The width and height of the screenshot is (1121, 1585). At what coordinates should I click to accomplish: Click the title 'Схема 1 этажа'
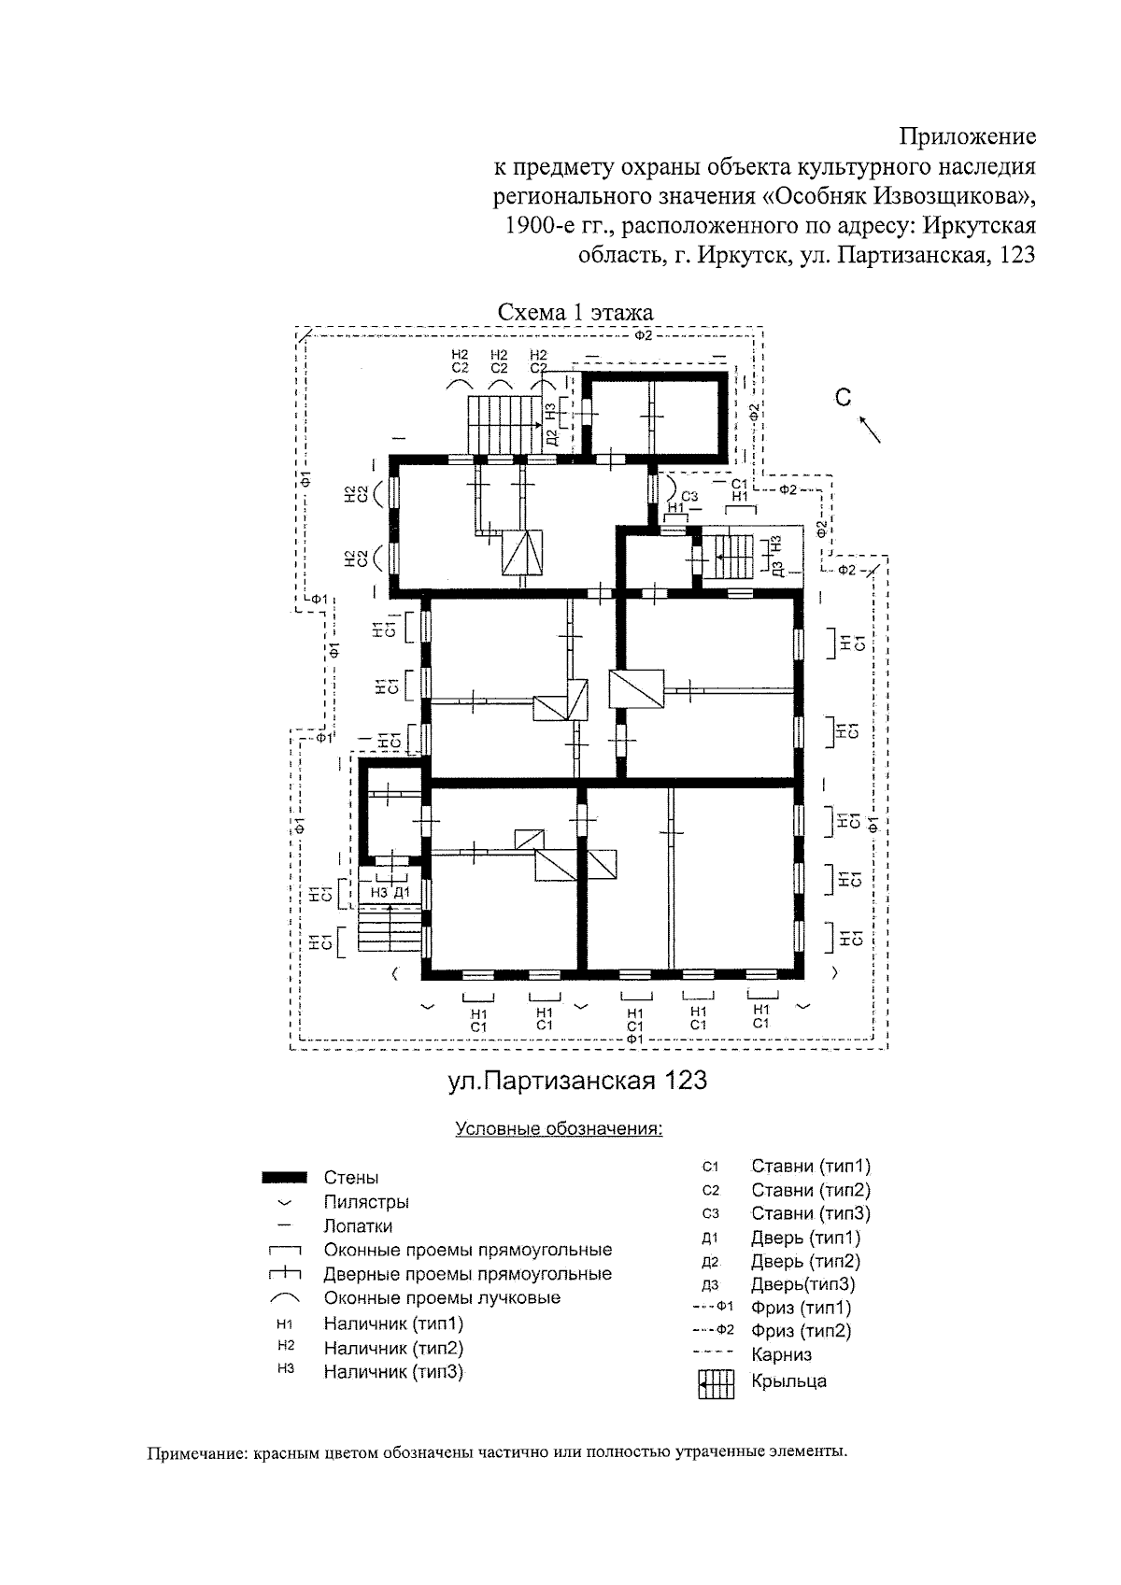tap(575, 312)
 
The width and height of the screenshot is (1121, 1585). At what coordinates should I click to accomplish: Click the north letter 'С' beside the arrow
tap(844, 399)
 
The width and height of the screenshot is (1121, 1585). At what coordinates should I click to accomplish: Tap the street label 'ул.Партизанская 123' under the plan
tap(577, 1081)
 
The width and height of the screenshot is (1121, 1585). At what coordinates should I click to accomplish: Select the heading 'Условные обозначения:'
tap(559, 1128)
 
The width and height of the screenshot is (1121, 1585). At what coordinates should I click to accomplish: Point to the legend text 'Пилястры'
tap(366, 1202)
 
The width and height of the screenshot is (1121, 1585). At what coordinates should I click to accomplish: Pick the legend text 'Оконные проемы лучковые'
tap(442, 1297)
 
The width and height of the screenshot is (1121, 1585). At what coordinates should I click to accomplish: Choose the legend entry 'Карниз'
tap(781, 1354)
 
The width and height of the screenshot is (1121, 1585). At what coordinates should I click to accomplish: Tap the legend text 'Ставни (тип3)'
tap(810, 1213)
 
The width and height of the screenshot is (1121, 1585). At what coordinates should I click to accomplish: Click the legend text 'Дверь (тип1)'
tap(805, 1238)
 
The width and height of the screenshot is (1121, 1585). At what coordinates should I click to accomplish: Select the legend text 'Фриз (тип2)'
tap(801, 1331)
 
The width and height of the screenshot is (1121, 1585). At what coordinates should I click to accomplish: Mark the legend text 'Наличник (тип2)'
tap(393, 1348)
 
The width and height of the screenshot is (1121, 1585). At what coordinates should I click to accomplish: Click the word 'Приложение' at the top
tap(968, 137)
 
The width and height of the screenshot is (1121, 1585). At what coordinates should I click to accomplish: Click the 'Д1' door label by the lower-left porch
tap(402, 893)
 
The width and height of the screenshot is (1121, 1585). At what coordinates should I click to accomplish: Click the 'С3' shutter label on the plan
tap(689, 496)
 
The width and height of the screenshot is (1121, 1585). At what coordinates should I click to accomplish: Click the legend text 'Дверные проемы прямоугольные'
tap(467, 1274)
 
